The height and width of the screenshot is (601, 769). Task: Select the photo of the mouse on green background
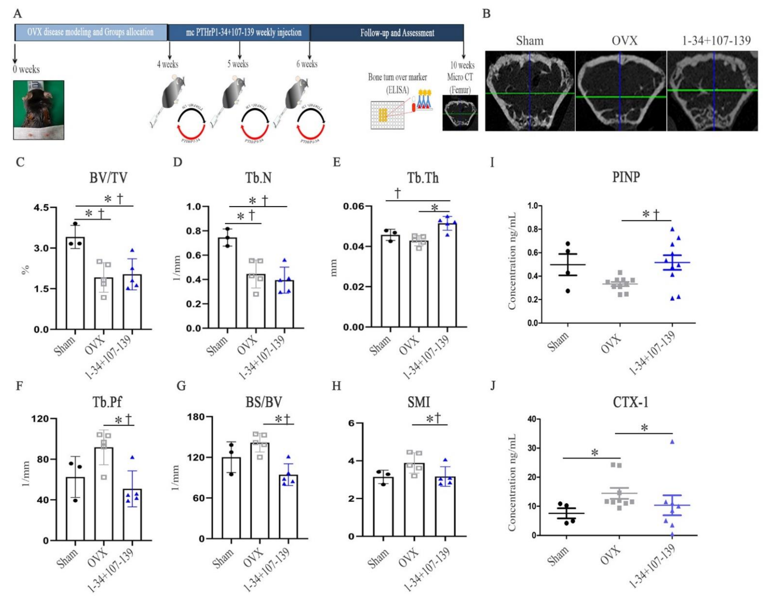39,110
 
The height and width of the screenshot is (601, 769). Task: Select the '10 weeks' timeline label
462,65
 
